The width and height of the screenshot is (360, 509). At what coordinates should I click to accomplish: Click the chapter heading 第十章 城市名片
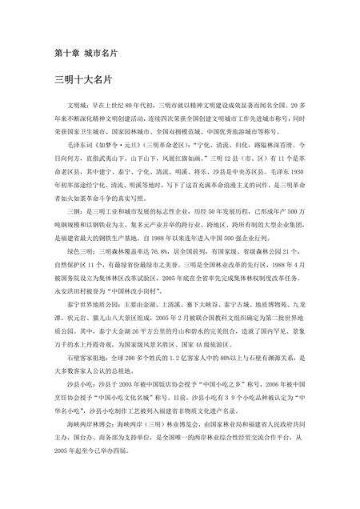tap(86, 54)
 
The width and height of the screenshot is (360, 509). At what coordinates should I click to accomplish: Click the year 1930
tap(299, 170)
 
